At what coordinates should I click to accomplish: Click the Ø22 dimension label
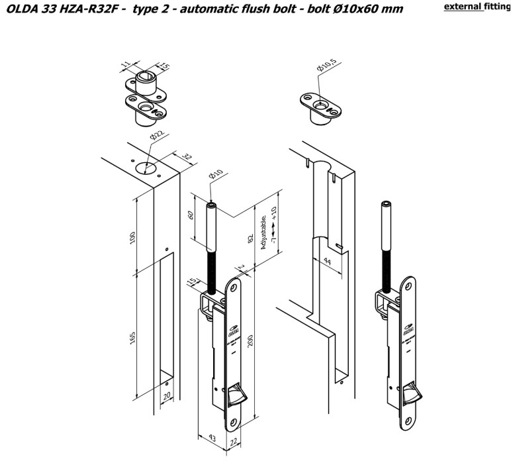click(157, 136)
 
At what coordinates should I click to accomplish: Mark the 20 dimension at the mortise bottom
click(167, 395)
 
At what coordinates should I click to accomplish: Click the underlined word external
click(466, 7)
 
